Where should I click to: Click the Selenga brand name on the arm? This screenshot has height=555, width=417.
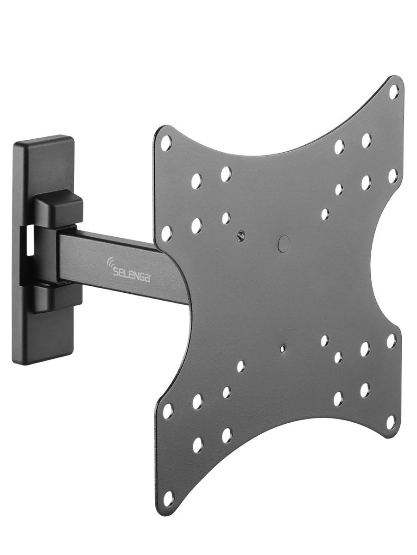pyautogui.click(x=132, y=272)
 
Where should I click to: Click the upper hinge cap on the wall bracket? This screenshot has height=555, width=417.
pyautogui.click(x=59, y=209)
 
